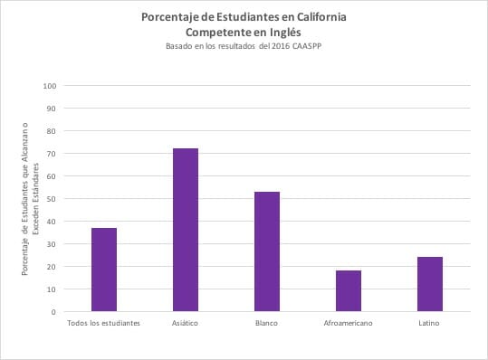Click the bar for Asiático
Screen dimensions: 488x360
(186, 230)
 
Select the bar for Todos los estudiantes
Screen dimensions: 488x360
(104, 270)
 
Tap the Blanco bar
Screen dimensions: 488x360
(267, 251)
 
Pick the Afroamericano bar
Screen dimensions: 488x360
(349, 291)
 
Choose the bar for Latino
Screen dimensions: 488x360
(430, 284)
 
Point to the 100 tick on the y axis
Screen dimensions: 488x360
(50, 86)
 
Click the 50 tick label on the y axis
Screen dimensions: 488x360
(52, 199)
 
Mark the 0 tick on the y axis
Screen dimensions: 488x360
(53, 312)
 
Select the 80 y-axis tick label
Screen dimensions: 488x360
(52, 131)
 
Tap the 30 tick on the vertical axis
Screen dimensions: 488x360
(52, 244)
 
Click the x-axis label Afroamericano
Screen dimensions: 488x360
(348, 323)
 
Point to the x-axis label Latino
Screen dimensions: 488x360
(429, 323)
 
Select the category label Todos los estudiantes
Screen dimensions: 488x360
(103, 323)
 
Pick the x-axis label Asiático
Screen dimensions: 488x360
(185, 323)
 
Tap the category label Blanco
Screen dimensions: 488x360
(266, 323)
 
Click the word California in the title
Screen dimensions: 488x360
(321, 17)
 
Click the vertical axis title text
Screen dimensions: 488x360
(30, 199)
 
